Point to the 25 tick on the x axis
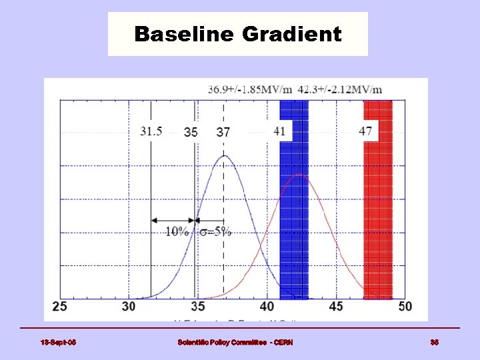tap(59, 307)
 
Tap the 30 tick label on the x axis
tap(129, 307)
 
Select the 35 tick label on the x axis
tap(198, 307)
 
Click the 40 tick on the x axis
tap(267, 307)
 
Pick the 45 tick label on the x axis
tap(336, 307)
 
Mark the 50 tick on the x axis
tap(405, 307)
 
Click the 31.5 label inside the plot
tap(151, 131)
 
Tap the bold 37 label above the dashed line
tap(223, 132)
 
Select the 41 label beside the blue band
tap(279, 131)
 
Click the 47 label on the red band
tap(365, 131)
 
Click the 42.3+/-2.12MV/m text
tap(341, 89)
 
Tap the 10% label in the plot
tap(177, 231)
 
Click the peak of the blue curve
tap(225, 156)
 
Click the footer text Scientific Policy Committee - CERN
tap(235, 343)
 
